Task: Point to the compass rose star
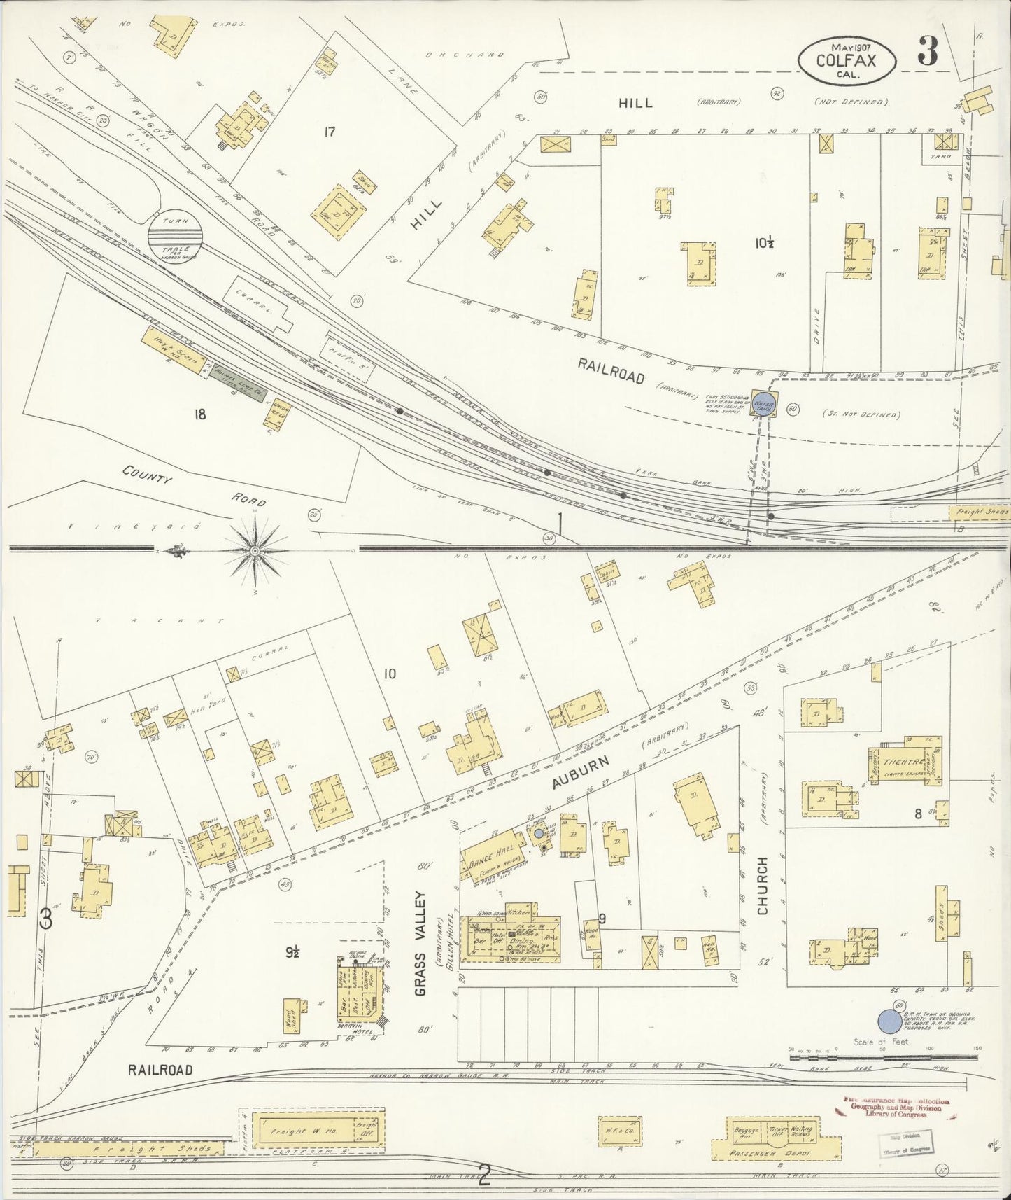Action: (255, 551)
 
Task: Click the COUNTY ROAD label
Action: (194, 487)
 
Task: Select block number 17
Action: (330, 130)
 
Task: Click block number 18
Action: (201, 414)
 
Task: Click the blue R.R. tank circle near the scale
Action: (889, 1021)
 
